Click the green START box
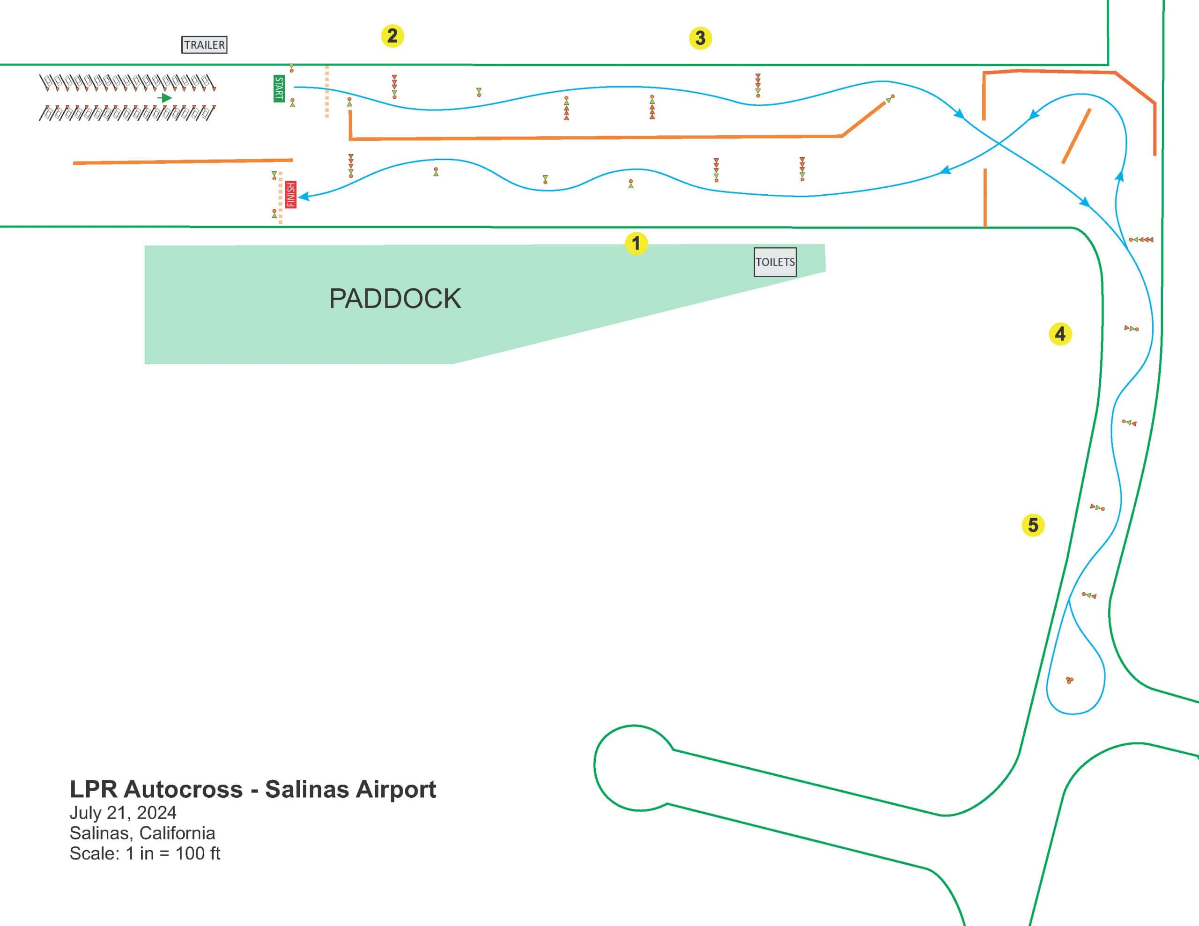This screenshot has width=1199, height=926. tap(279, 88)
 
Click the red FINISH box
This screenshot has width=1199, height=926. tap(291, 194)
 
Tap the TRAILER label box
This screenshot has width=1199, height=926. tap(204, 45)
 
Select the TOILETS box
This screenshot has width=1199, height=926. tap(775, 262)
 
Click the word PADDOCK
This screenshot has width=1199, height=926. tap(395, 299)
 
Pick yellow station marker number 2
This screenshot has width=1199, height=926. tap(392, 36)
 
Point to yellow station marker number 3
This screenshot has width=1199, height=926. tap(700, 38)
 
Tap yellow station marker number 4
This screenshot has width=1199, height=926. tap(1060, 334)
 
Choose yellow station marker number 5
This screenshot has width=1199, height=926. tap(1033, 525)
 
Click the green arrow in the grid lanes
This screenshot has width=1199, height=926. tap(165, 98)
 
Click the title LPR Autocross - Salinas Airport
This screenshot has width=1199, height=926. tap(252, 789)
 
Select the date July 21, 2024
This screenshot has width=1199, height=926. tap(123, 812)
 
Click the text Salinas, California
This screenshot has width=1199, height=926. tap(142, 833)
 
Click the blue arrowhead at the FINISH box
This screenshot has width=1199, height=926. tap(303, 196)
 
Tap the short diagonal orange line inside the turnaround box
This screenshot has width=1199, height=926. tap(1076, 136)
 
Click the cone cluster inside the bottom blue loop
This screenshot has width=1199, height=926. tap(1069, 681)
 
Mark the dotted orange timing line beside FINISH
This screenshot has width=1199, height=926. tap(281, 198)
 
